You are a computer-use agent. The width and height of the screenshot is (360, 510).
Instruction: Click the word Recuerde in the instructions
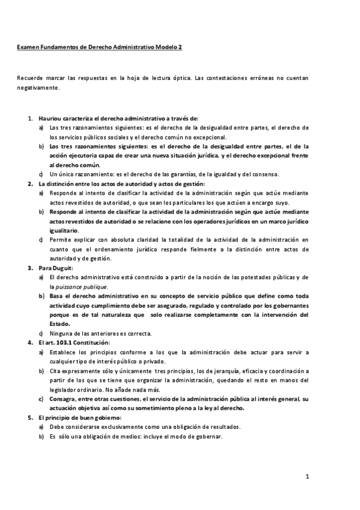(x=28, y=78)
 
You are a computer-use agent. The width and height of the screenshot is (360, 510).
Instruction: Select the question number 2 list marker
(x=30, y=183)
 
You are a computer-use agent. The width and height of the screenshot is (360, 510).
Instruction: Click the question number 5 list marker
(x=30, y=417)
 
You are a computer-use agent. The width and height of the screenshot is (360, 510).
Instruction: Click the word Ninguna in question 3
(x=61, y=333)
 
